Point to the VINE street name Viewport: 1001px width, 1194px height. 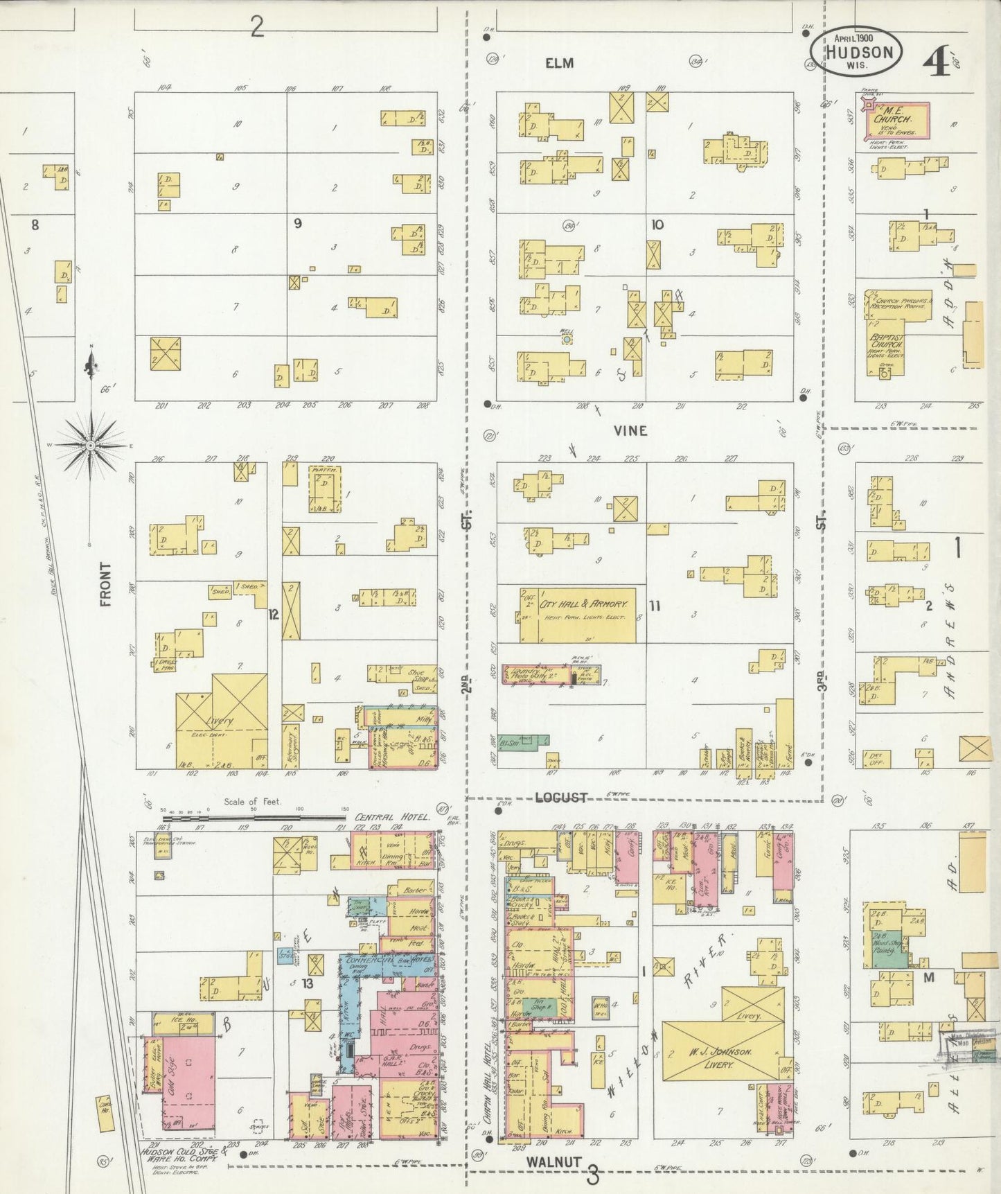click(x=630, y=430)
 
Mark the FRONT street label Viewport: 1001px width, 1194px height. click(x=105, y=584)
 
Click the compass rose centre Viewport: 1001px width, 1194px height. click(x=90, y=444)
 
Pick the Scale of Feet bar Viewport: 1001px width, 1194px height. click(x=252, y=818)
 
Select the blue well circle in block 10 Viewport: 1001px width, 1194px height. click(x=567, y=340)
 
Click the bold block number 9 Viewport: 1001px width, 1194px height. click(x=298, y=224)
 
